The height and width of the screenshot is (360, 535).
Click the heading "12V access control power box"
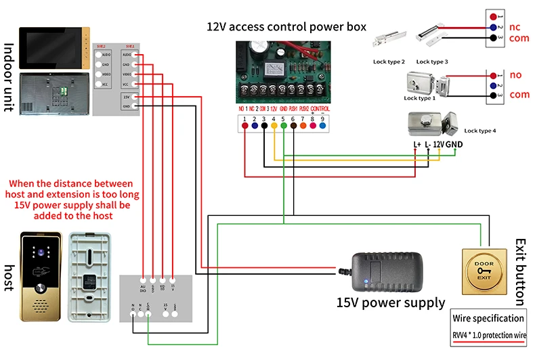pyautogui.click(x=286, y=27)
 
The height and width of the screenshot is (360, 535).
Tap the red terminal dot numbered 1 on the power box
pyautogui.click(x=244, y=125)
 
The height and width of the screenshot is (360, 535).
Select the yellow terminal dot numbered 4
pyautogui.click(x=274, y=125)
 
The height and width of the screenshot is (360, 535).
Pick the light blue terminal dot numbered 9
pyautogui.click(x=322, y=125)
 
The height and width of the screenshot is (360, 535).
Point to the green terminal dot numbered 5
pyautogui.click(x=283, y=125)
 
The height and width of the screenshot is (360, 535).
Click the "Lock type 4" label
pyautogui.click(x=481, y=131)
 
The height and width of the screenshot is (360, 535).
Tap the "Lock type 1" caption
pyautogui.click(x=420, y=99)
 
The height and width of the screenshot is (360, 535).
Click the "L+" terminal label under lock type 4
pyautogui.click(x=417, y=144)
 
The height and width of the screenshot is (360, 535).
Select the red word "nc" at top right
pyautogui.click(x=515, y=27)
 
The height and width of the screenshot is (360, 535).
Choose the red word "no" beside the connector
pyautogui.click(x=515, y=74)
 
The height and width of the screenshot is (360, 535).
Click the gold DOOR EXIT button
pyautogui.click(x=484, y=271)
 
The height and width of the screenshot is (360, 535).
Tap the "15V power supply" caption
pyautogui.click(x=391, y=302)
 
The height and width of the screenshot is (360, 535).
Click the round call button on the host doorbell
pyautogui.click(x=40, y=286)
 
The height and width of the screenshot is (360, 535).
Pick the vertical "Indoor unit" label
pyautogui.click(x=9, y=77)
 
